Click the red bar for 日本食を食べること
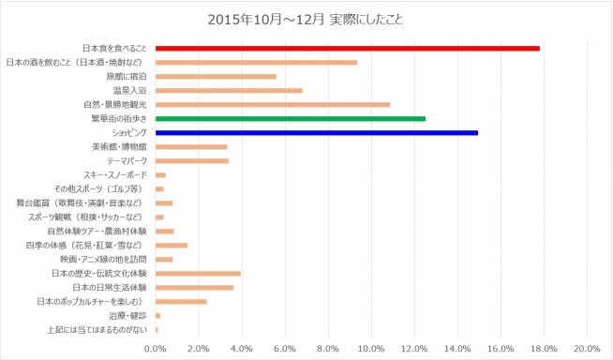347,48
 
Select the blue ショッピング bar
316,132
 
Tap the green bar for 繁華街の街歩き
290,118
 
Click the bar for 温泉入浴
229,90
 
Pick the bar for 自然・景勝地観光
272,104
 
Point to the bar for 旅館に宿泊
216,76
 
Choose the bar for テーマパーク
191,160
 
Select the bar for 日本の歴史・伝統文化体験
198,274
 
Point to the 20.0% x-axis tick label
586,349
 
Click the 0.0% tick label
156,349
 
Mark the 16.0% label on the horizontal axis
500,349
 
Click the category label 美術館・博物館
120,146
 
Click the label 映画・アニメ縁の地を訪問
103,260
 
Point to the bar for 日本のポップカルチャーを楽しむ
181,302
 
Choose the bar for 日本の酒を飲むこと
256,62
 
